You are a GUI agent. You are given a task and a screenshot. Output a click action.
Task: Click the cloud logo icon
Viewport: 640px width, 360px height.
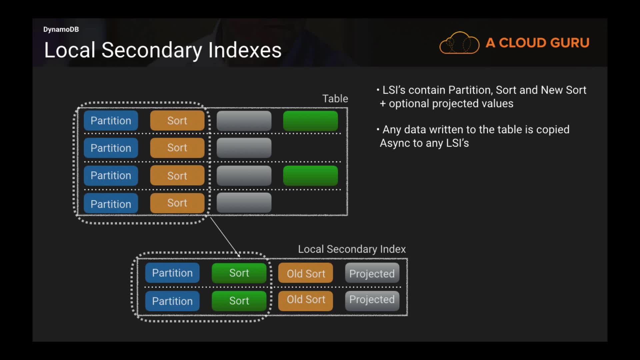[x=459, y=43]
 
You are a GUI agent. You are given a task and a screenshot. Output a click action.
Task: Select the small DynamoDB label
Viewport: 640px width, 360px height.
[x=61, y=29]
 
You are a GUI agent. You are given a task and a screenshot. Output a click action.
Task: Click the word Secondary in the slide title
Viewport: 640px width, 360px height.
[x=152, y=50]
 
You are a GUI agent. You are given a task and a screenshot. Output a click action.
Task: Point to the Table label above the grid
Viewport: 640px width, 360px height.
[x=335, y=99]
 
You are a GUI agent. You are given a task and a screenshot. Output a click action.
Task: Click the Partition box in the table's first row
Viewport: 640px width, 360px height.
[x=111, y=121]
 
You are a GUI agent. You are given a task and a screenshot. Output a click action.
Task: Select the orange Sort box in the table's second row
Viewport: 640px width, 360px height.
[x=177, y=148]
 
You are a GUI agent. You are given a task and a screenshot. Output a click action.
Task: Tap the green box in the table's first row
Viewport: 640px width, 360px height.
[x=310, y=121]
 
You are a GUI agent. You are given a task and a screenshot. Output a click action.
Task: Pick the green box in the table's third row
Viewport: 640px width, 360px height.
[x=310, y=176]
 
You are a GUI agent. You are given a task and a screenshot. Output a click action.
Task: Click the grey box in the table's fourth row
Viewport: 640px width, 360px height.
[x=244, y=203]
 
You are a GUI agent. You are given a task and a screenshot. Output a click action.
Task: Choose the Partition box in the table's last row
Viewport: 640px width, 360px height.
[x=111, y=204]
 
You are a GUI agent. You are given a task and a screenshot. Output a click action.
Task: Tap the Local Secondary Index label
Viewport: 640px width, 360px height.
[x=352, y=249]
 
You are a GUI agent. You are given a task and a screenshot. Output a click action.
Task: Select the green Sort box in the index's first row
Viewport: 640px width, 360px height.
[x=239, y=273]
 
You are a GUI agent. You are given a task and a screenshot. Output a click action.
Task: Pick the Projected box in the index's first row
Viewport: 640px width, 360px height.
[x=372, y=273]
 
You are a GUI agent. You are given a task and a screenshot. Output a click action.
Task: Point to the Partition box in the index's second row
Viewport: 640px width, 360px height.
[x=172, y=301]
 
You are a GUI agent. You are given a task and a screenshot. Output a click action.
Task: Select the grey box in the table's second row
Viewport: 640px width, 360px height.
[x=244, y=148]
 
